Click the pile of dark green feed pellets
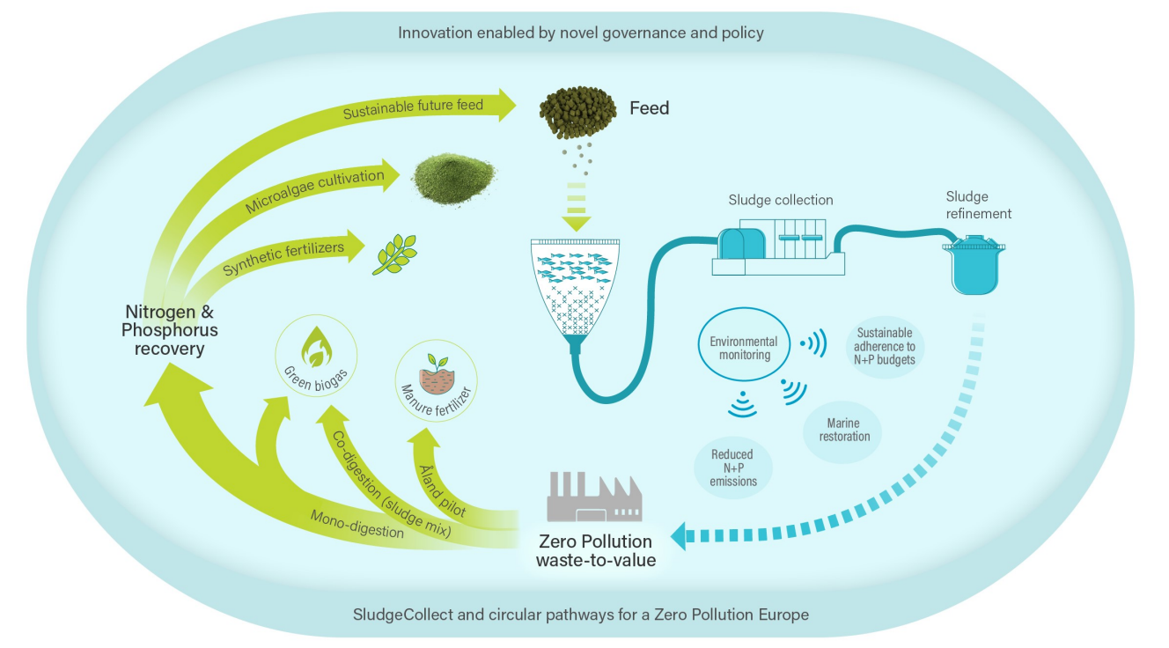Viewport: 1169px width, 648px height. click(577, 113)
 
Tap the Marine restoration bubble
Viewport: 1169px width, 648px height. click(844, 430)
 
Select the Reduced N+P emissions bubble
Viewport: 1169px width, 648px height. click(732, 468)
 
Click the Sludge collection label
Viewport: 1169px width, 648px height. click(780, 200)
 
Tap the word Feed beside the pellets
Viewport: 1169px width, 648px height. click(649, 108)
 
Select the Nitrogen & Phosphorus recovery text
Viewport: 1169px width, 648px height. click(169, 329)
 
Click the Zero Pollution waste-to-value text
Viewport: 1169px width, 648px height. click(596, 549)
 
